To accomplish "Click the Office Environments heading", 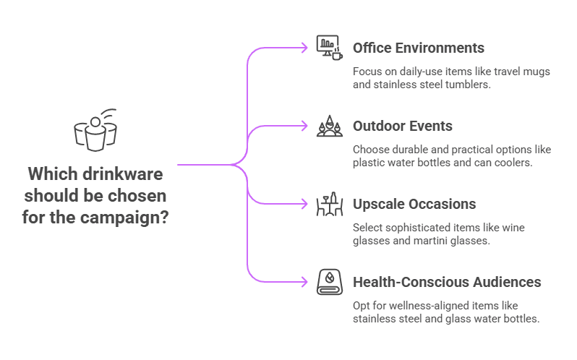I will [418, 48].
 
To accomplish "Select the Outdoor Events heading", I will [402, 126].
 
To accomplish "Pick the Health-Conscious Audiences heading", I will [447, 282].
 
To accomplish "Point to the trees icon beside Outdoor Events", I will [328, 126].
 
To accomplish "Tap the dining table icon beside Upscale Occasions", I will [328, 205].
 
